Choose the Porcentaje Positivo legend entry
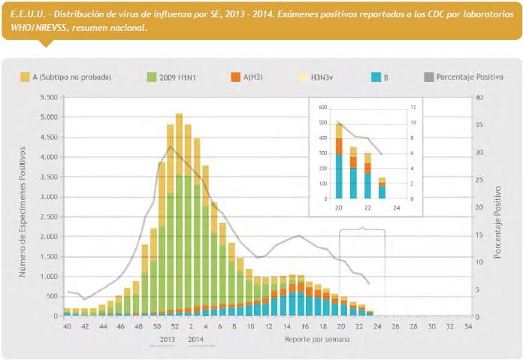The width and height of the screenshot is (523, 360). point(470,77)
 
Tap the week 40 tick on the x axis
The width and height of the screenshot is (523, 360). point(68,328)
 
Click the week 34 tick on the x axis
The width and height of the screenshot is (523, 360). point(469,328)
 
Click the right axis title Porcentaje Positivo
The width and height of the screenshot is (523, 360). point(497,213)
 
